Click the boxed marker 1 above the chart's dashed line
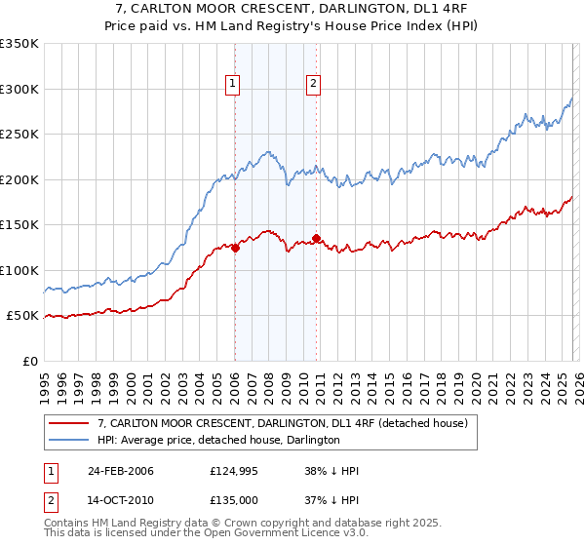(234, 85)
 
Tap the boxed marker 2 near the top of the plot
(314, 85)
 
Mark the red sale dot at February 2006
(236, 248)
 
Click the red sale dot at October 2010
(317, 238)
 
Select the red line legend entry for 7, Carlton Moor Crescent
(283, 423)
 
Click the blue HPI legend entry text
(217, 440)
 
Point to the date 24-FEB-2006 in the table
(121, 471)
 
